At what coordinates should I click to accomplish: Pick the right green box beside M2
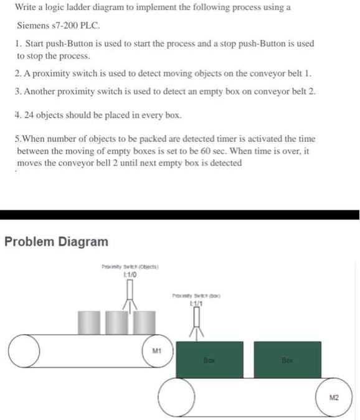pyautogui.click(x=287, y=359)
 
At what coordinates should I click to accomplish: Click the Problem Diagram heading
pyautogui.click(x=56, y=241)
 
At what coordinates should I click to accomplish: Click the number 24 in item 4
pyautogui.click(x=29, y=115)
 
